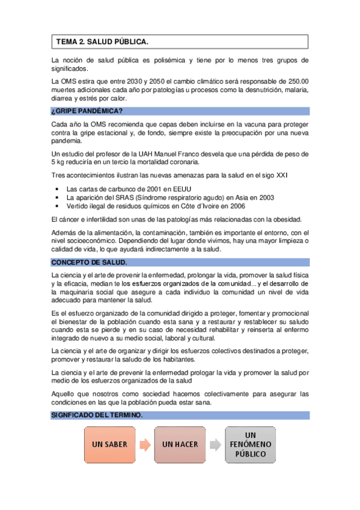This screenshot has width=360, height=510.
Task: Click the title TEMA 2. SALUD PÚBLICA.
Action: tap(102, 42)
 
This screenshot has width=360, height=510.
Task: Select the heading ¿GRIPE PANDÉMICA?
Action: tap(87, 111)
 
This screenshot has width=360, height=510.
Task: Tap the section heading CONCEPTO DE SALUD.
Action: tap(88, 263)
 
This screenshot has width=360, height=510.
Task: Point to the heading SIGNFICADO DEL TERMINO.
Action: tap(97, 416)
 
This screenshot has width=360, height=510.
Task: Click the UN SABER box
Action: tap(110, 445)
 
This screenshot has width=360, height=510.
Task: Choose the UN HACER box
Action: tap(180, 445)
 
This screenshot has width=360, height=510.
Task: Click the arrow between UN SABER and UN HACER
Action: tap(144, 445)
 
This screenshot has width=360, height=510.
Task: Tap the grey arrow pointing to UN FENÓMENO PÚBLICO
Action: tap(215, 445)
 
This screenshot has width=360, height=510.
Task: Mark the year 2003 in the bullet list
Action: tap(266, 197)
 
